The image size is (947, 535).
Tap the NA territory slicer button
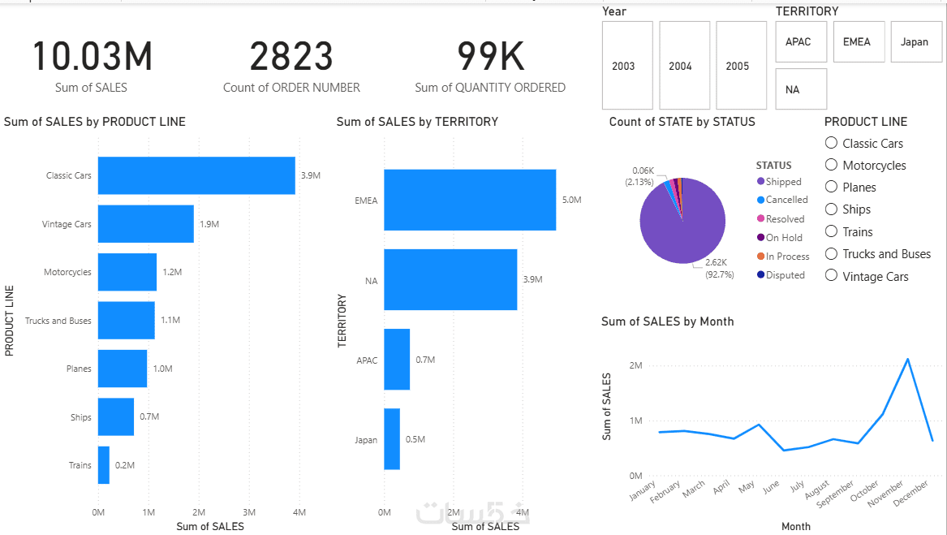point(800,89)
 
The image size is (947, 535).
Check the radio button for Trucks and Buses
point(831,254)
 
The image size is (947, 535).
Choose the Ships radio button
point(831,209)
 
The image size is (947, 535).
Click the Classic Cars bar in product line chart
point(196,175)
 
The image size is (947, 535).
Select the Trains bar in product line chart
point(104,465)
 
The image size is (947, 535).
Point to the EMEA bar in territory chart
point(470,200)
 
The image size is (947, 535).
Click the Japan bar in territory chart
point(392,439)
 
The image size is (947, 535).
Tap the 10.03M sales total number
point(92,57)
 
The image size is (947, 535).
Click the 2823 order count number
point(291,57)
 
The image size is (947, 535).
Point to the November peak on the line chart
point(907,359)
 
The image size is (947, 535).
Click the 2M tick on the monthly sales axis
point(635,365)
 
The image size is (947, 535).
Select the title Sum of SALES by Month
point(667,321)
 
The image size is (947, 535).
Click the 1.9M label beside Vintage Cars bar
point(209,224)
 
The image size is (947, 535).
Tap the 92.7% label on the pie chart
point(720,274)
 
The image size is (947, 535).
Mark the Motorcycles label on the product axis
point(68,272)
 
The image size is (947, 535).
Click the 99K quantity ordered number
point(490,57)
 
